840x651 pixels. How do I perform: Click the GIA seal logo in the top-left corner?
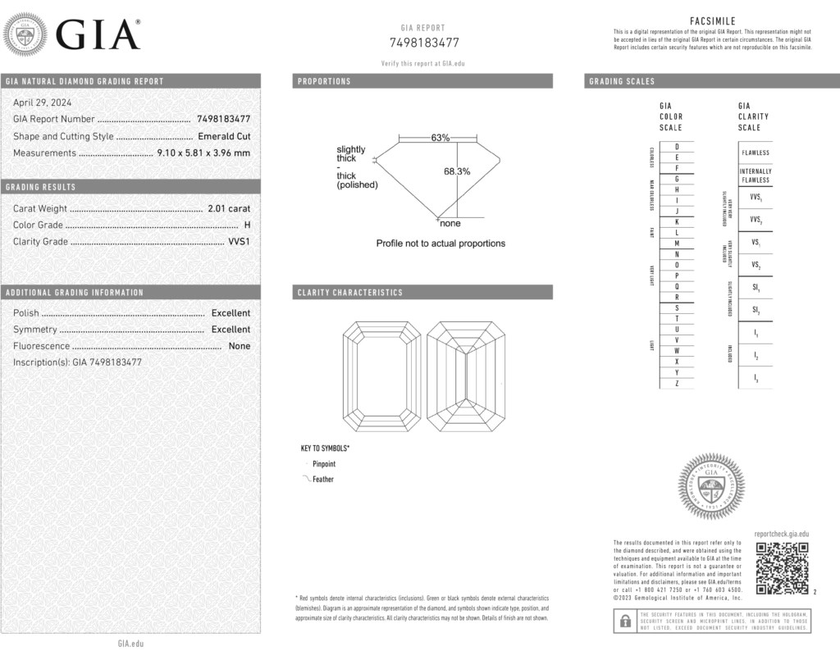pyautogui.click(x=25, y=35)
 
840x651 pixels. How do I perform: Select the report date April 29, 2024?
pyautogui.click(x=42, y=102)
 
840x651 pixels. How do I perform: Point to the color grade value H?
pyautogui.click(x=247, y=225)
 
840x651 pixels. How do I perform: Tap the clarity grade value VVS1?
pyautogui.click(x=238, y=242)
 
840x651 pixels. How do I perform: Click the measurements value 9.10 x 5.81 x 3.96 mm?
pyautogui.click(x=203, y=153)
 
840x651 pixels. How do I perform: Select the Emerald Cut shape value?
pyautogui.click(x=224, y=136)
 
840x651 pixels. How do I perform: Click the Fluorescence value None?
pyautogui.click(x=240, y=346)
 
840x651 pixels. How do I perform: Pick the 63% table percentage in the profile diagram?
pyautogui.click(x=441, y=138)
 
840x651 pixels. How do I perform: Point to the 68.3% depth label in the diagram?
pyautogui.click(x=457, y=171)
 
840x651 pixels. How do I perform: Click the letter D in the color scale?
pyautogui.click(x=676, y=146)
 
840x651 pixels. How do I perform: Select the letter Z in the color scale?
pyautogui.click(x=676, y=383)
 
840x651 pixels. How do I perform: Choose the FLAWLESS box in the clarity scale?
pyautogui.click(x=756, y=153)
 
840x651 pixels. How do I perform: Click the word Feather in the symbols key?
pyautogui.click(x=323, y=480)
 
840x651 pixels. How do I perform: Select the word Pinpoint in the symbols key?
pyautogui.click(x=324, y=464)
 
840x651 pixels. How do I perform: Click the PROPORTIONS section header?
pyautogui.click(x=324, y=81)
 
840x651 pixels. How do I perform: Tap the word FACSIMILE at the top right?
pyautogui.click(x=713, y=21)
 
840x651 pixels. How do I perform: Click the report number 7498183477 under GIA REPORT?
pyautogui.click(x=423, y=43)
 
